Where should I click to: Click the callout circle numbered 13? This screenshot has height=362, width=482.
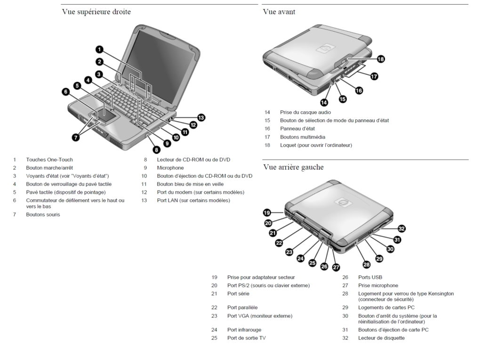click(201, 117)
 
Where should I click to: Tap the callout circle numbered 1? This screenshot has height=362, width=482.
click(99, 49)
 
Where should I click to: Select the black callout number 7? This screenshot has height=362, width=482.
click(76, 137)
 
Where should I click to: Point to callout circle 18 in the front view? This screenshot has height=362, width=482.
click(380, 59)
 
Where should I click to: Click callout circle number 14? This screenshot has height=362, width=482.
click(324, 102)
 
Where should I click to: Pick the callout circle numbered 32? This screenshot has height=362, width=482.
click(402, 229)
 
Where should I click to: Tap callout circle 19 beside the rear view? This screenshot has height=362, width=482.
click(267, 213)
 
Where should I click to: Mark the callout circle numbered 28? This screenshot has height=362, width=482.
click(366, 264)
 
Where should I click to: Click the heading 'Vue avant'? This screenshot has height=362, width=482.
click(279, 12)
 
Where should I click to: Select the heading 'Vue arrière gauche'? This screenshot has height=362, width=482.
click(294, 167)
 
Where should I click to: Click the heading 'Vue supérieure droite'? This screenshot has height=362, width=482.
click(96, 12)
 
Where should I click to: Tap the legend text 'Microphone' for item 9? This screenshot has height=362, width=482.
click(170, 168)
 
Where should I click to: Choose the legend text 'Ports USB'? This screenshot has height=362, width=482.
click(370, 277)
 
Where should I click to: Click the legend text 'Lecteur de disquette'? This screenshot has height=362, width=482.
click(381, 338)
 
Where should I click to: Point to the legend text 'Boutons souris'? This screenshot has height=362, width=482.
click(43, 214)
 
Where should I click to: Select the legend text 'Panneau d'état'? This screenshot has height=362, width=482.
click(297, 129)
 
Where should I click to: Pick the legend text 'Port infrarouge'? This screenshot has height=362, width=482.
click(244, 329)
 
